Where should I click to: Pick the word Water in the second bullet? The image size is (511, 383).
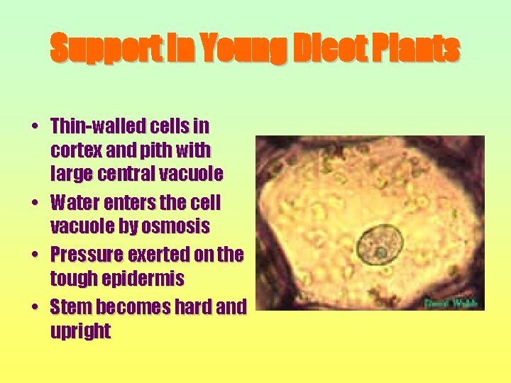coord(75,203)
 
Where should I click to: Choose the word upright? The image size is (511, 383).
coord(80,331)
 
